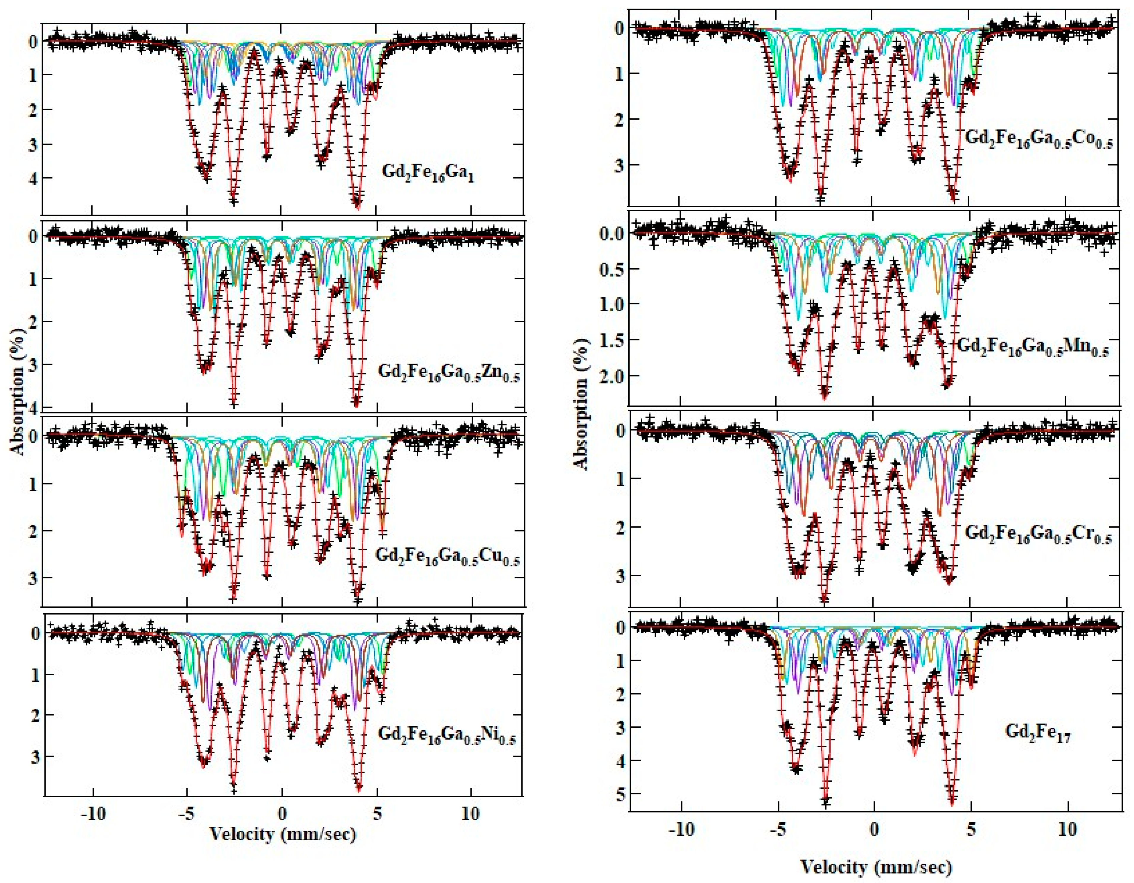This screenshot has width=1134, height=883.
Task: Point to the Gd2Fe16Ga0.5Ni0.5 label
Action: (446, 734)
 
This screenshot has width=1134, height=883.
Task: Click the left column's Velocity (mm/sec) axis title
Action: (283, 834)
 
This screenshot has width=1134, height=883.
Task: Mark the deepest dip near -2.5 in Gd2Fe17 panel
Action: (826, 800)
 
